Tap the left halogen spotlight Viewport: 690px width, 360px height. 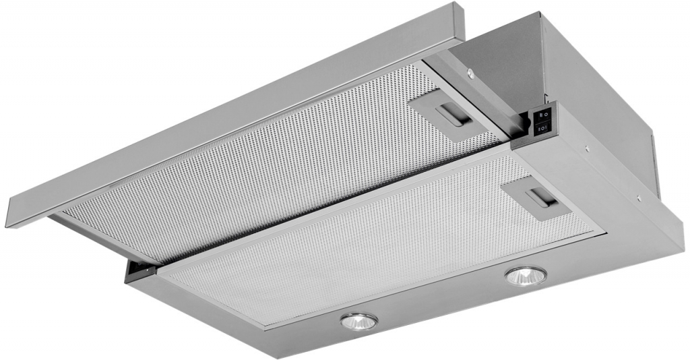358,322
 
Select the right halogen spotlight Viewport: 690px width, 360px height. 526,276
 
